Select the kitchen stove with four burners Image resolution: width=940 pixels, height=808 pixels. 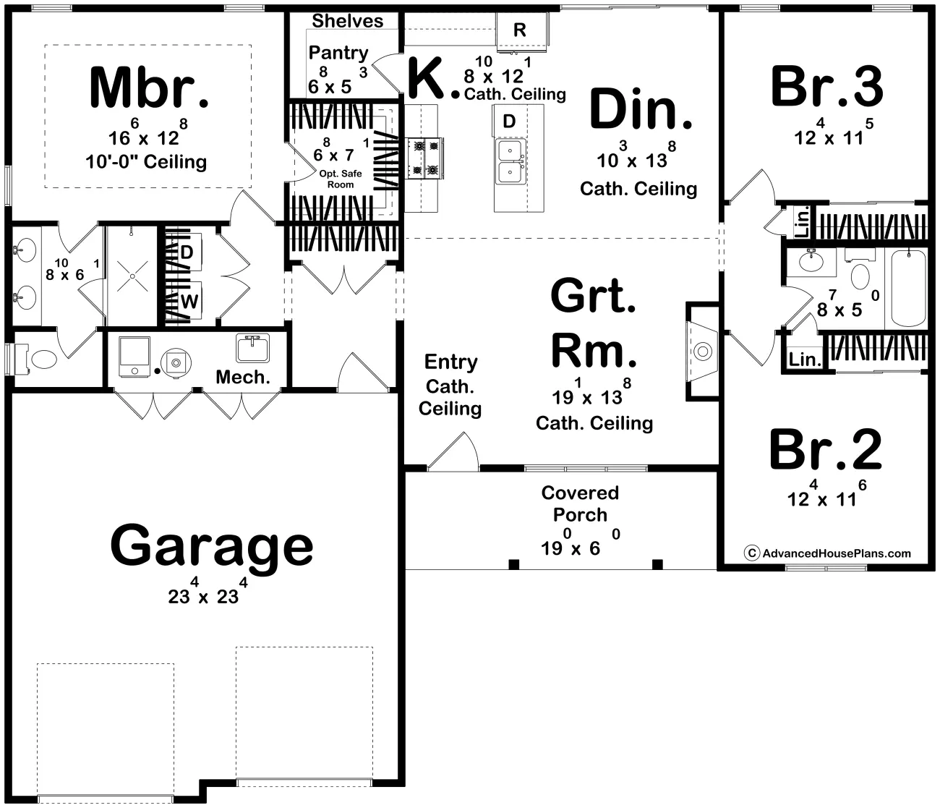pos(424,158)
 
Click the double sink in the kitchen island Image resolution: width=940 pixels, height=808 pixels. pos(510,161)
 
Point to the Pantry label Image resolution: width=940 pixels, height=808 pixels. pos(338,53)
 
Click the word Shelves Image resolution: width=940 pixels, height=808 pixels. pos(348,21)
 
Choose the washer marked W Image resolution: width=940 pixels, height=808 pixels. pos(190,301)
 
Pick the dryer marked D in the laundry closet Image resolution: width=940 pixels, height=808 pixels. pos(187,252)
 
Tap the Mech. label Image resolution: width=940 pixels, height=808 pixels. pos(243,377)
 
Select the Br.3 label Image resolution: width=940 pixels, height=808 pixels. pos(827,86)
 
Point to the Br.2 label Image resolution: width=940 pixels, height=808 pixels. pos(826,448)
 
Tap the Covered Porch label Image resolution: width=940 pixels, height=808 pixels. pos(580,503)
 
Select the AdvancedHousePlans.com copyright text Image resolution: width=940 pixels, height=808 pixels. pos(827,553)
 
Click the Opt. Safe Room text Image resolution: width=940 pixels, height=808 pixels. pos(340,179)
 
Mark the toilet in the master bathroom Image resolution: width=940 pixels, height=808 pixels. pos(36,360)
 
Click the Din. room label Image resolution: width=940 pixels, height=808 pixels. pos(641,110)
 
